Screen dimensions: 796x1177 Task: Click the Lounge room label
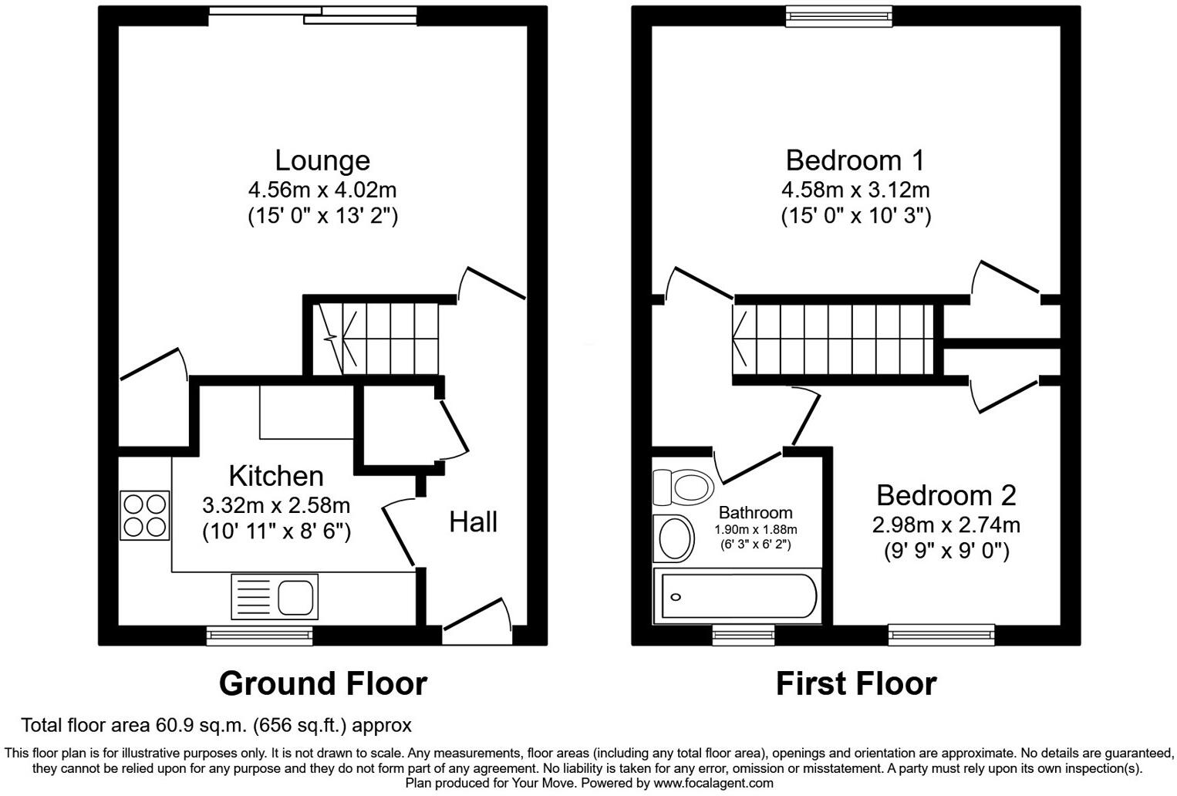(x=322, y=160)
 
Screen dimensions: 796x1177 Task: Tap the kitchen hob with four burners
(x=144, y=515)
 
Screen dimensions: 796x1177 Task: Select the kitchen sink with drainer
(x=273, y=596)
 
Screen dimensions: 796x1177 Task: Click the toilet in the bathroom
(x=682, y=487)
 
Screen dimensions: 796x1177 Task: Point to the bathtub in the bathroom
(x=735, y=597)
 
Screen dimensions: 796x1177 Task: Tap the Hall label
(x=473, y=522)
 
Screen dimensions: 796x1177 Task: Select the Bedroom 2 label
(x=946, y=495)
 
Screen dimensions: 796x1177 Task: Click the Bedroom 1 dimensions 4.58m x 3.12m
(x=855, y=189)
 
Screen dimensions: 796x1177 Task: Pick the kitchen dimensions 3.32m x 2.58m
(x=276, y=506)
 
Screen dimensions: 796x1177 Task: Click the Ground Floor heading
(x=322, y=683)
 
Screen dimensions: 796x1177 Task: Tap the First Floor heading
(x=855, y=683)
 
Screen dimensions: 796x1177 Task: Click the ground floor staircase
(x=375, y=337)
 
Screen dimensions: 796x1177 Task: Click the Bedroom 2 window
(x=941, y=635)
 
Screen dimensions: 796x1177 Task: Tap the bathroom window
(x=744, y=635)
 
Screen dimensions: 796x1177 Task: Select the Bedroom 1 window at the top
(x=838, y=16)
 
